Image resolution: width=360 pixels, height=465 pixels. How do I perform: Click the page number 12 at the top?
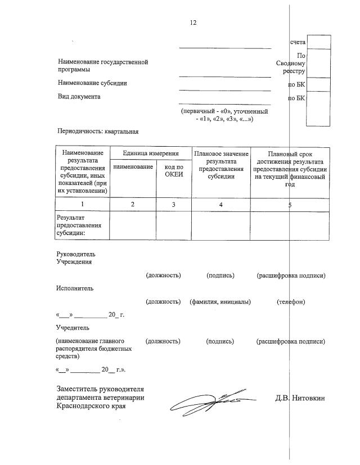pyautogui.click(x=193, y=23)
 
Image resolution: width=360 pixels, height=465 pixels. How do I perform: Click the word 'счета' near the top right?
pyautogui.click(x=298, y=43)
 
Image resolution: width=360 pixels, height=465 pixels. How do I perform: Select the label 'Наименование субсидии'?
pyautogui.click(x=92, y=83)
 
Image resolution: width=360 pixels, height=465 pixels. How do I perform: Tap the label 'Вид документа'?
pyautogui.click(x=79, y=97)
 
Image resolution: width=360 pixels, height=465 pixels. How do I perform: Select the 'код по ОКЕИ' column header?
pyautogui.click(x=174, y=170)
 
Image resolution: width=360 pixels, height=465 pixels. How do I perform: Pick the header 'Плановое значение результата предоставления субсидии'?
pyautogui.click(x=221, y=166)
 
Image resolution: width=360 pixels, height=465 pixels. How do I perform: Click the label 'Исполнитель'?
pyautogui.click(x=75, y=288)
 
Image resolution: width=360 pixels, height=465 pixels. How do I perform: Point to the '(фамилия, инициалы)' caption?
pyautogui.click(x=220, y=303)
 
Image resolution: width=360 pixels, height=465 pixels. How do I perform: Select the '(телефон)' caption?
pyautogui.click(x=291, y=303)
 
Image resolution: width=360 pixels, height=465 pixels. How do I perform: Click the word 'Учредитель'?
pyautogui.click(x=73, y=327)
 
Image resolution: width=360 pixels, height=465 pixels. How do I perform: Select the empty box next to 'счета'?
pyautogui.click(x=318, y=42)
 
